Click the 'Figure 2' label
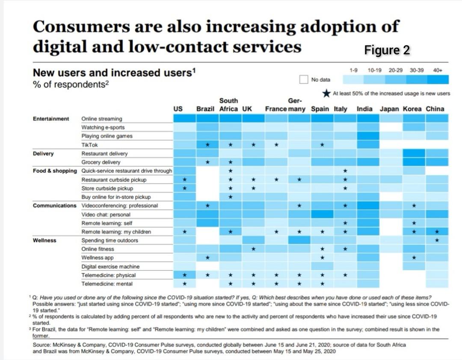[387, 50]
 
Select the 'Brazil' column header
[205, 109]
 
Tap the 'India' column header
[364, 109]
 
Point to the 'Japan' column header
[389, 109]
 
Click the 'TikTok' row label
[89, 145]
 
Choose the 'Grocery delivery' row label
[101, 162]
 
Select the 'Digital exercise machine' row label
[110, 266]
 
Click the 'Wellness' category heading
[44, 240]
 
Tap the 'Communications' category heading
[55, 206]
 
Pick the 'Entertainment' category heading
[51, 118]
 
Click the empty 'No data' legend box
[304, 80]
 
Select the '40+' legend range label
[438, 70]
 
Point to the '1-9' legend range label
[353, 70]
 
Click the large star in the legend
[326, 93]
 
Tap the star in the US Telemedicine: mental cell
[184, 284]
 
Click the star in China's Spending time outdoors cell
[437, 240]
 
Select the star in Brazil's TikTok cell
[207, 145]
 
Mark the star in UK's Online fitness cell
[253, 249]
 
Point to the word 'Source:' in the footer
[41, 345]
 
